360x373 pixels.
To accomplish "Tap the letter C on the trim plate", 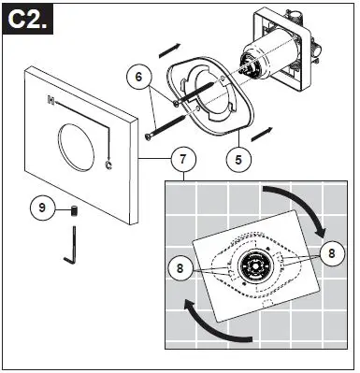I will point(110,166).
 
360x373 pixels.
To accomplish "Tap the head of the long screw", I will point(149,138).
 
